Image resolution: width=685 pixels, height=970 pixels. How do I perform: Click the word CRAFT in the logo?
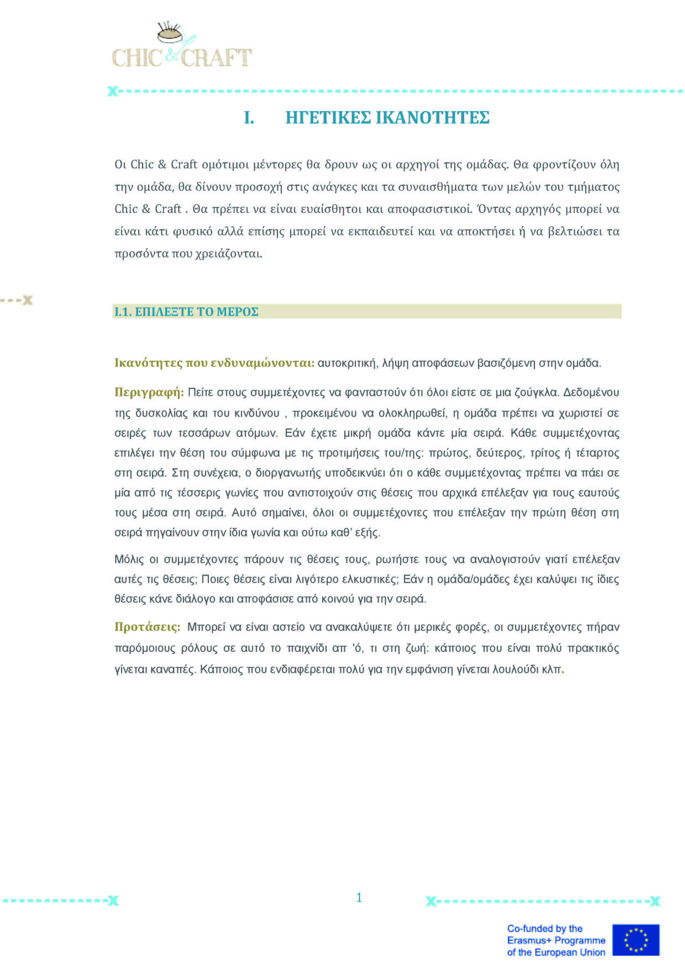(x=216, y=58)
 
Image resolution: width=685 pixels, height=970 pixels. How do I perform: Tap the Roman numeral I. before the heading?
(x=249, y=117)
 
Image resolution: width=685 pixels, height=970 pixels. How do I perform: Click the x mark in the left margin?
(x=27, y=300)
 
